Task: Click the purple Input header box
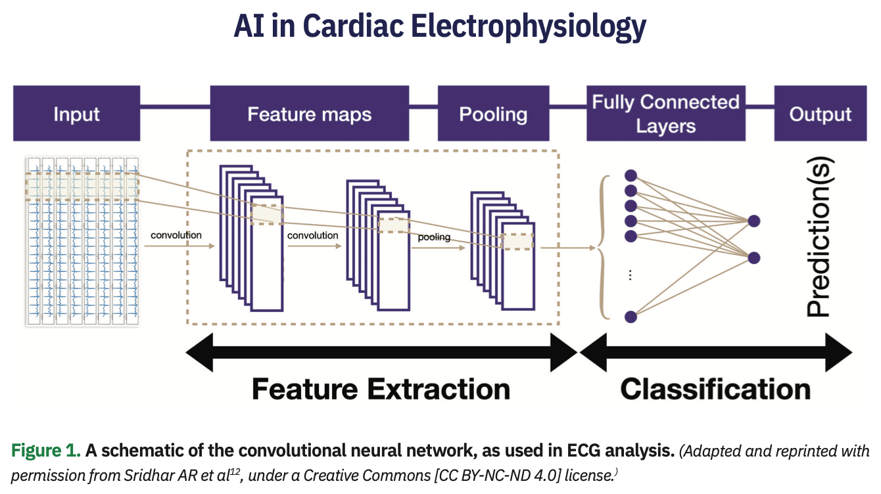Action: pos(76,113)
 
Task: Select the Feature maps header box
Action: pos(310,113)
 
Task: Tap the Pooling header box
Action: pos(493,113)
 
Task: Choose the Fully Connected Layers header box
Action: pos(665,113)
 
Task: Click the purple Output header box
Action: pos(820,113)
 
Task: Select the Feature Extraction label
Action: pos(381,389)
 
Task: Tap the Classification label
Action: pos(715,389)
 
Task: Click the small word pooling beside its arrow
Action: pos(434,236)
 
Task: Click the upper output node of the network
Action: pos(753,221)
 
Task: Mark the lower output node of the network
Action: pos(753,257)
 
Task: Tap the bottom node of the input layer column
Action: pos(631,316)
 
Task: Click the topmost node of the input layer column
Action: pos(631,175)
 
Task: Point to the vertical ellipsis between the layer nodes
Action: pos(630,276)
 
